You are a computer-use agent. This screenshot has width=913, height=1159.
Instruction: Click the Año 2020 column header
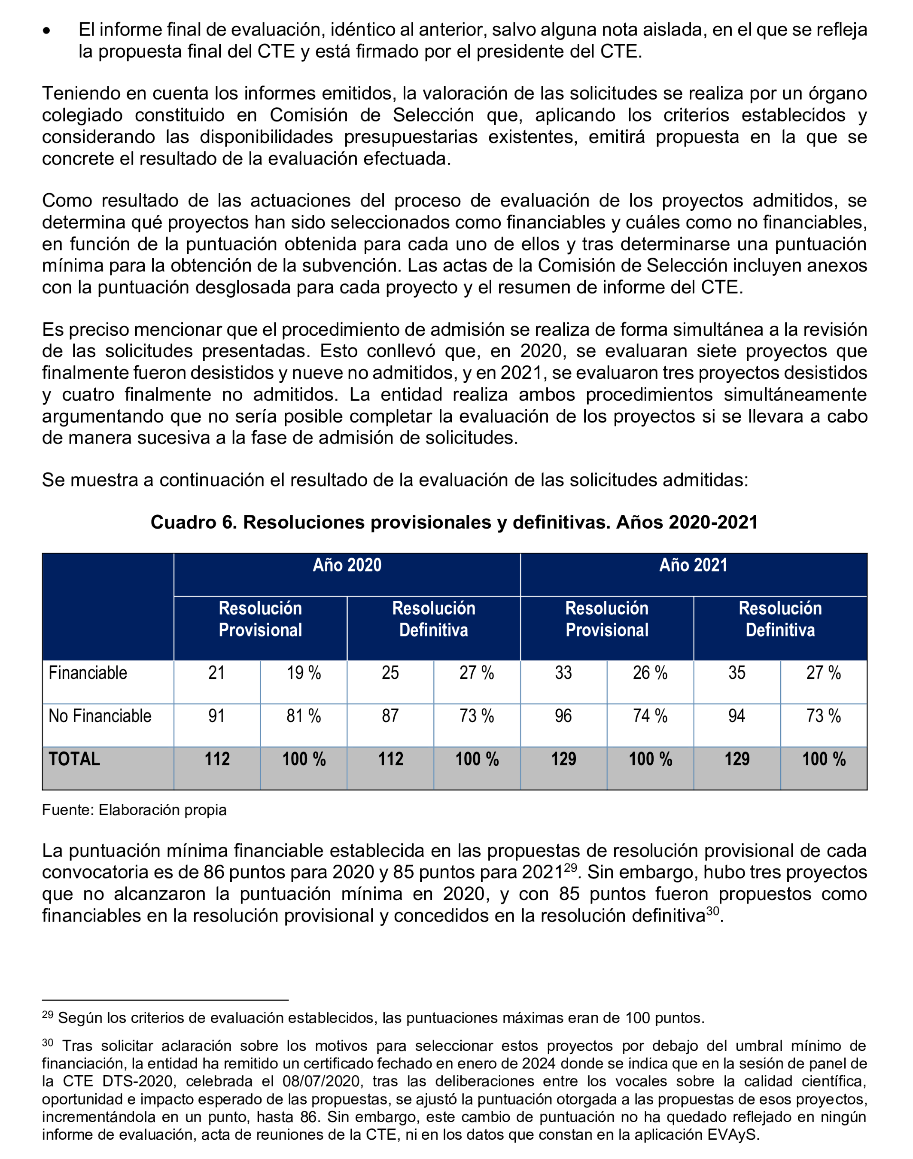(x=347, y=565)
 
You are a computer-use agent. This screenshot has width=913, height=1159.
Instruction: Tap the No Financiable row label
(x=100, y=716)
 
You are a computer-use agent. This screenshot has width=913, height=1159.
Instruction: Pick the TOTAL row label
(x=74, y=759)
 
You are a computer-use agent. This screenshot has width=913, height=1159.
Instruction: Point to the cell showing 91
(x=216, y=716)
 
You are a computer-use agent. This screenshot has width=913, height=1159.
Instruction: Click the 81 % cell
(x=304, y=716)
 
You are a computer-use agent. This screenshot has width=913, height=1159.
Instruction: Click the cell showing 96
(x=563, y=716)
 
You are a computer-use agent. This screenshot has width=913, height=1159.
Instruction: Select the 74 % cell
(x=650, y=716)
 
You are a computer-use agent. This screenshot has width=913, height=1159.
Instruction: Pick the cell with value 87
(x=390, y=716)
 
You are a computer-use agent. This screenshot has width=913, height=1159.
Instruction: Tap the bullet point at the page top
(x=47, y=31)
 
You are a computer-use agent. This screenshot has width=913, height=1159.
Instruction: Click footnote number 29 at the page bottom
(x=47, y=1014)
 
